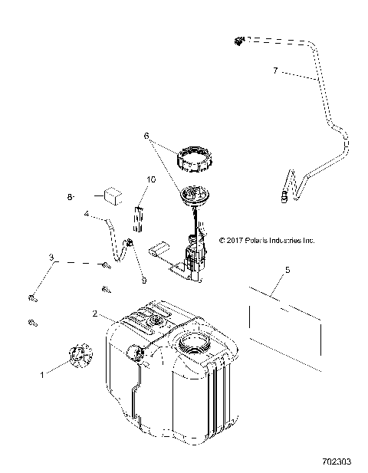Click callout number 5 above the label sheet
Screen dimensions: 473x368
click(x=287, y=270)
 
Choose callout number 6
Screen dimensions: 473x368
click(x=146, y=136)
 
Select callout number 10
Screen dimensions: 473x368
click(x=151, y=179)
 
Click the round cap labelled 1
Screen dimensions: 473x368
click(x=77, y=356)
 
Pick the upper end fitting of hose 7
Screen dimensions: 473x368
click(x=240, y=40)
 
